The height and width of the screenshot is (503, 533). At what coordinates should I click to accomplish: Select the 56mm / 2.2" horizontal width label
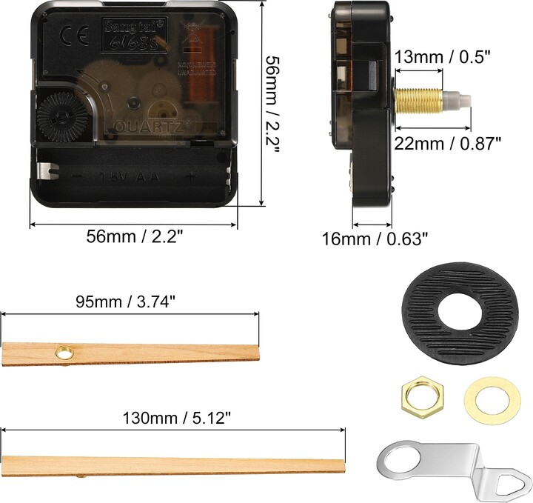[x=135, y=236]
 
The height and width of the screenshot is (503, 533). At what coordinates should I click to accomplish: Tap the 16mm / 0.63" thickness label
[x=375, y=239]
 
